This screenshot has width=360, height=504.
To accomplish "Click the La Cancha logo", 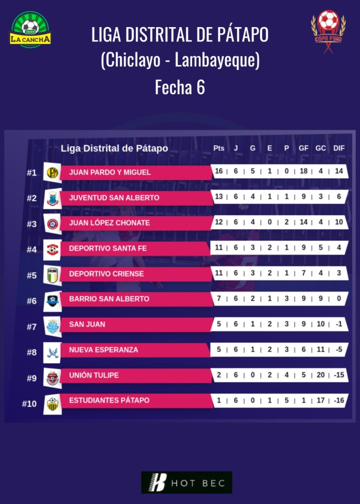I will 30,29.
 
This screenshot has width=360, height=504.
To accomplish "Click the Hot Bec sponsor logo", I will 186,482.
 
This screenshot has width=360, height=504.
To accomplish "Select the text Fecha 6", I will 180,87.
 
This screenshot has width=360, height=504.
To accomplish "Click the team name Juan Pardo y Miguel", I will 110,172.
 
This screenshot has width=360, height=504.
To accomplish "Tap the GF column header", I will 303,148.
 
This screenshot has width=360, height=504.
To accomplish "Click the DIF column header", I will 339,148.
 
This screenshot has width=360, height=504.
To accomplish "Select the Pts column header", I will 219,148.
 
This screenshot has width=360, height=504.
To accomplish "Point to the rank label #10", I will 30,404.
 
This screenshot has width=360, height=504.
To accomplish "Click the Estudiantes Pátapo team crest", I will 52,404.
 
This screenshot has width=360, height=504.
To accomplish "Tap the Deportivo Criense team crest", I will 52,275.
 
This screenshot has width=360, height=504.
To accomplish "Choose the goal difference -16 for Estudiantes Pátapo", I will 338,401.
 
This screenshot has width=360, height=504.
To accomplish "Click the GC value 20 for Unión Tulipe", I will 321,375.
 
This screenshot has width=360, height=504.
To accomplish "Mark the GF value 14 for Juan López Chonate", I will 303,222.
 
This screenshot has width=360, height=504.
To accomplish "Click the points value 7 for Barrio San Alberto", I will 219,299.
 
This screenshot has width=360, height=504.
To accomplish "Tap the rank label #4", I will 32,250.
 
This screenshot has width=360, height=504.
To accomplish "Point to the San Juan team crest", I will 52,325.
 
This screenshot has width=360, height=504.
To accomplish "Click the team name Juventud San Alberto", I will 114,197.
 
